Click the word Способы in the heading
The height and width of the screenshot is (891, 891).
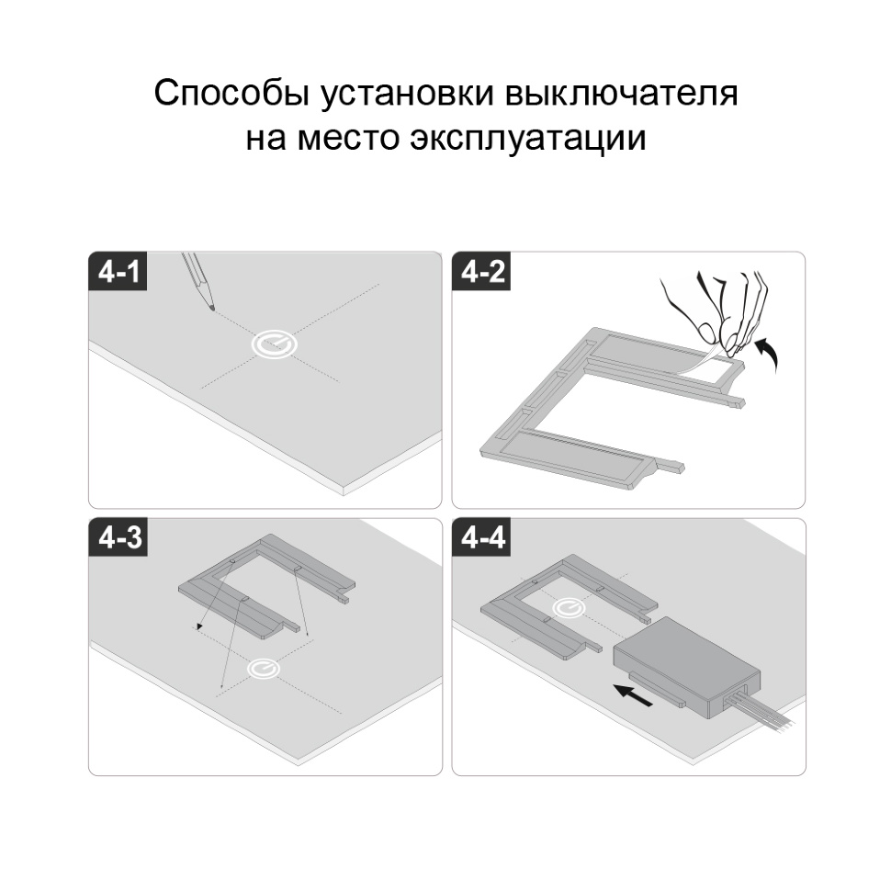tap(231, 94)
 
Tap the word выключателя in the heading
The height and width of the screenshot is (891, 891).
tap(622, 94)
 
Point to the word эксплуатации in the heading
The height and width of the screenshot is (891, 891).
tap(528, 139)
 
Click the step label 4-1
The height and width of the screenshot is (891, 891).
tap(118, 272)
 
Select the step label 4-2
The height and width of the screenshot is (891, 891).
tap(482, 272)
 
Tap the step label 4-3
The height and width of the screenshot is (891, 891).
tap(118, 537)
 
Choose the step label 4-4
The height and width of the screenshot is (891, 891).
tap(482, 537)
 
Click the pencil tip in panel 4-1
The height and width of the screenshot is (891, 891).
tap(213, 309)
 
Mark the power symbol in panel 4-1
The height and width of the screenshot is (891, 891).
tap(275, 344)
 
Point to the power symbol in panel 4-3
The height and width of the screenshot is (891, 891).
tap(264, 669)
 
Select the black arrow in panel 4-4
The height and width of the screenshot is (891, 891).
tap(633, 694)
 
